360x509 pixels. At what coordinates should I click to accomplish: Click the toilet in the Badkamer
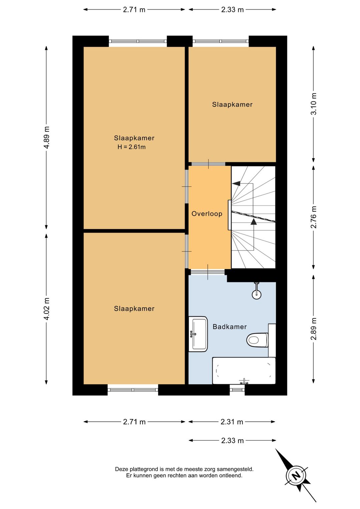[257, 340]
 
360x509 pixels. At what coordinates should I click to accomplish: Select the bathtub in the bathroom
[244, 371]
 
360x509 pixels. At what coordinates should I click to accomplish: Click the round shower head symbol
[256, 294]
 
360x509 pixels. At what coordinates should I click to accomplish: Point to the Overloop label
[207, 213]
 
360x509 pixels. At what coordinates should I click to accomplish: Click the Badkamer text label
[229, 327]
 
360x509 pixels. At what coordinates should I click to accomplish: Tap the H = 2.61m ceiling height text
[132, 147]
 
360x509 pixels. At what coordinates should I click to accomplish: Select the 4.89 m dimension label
[47, 137]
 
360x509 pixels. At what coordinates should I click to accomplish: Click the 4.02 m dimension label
[47, 309]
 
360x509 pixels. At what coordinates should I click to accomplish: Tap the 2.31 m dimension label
[232, 422]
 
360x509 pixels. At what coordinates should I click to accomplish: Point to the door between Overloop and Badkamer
[208, 272]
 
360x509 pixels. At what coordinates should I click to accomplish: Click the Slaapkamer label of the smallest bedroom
[232, 104]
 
